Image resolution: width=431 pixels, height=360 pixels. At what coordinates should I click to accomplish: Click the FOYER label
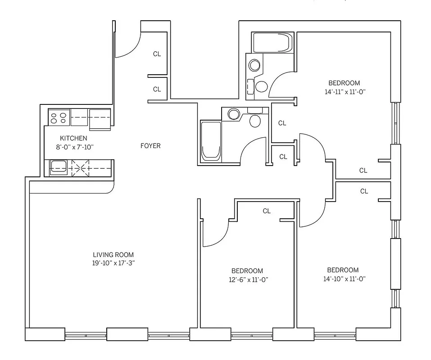click(150, 146)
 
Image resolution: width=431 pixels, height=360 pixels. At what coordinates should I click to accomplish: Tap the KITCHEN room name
click(73, 138)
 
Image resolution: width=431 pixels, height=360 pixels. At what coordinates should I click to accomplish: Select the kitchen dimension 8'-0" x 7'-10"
click(73, 147)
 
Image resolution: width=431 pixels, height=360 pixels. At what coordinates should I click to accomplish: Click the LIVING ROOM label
click(113, 255)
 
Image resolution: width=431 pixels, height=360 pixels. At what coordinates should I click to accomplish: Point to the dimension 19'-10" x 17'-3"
click(113, 263)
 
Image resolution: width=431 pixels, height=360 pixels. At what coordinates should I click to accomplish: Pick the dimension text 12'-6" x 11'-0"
click(247, 279)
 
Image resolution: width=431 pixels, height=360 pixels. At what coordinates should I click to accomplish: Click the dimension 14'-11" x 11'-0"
click(344, 91)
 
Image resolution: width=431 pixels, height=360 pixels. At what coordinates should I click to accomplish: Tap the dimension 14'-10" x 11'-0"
click(343, 279)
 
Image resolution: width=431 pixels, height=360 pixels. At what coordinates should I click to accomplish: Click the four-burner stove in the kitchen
click(59, 118)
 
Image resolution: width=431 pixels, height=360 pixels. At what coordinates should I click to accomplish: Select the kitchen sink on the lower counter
click(58, 167)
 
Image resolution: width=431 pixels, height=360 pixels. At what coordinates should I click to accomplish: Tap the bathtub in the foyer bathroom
click(211, 140)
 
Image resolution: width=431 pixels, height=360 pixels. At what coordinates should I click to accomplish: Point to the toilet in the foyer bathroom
click(255, 120)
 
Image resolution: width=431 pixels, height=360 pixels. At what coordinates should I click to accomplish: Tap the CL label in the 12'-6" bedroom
click(267, 211)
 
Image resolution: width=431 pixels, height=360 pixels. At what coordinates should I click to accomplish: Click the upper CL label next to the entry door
click(157, 54)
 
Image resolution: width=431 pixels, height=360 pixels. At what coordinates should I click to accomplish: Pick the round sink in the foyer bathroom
click(234, 113)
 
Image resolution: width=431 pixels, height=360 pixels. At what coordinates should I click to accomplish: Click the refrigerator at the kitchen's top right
click(100, 119)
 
